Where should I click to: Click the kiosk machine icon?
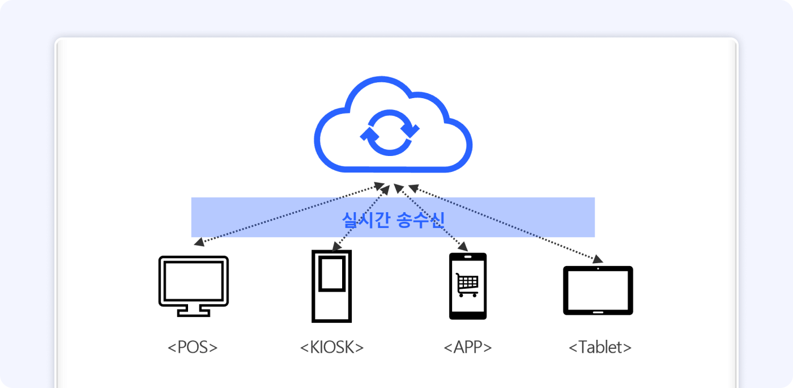pyautogui.click(x=332, y=286)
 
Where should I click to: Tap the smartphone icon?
pyautogui.click(x=468, y=286)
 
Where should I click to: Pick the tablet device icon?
pyautogui.click(x=598, y=290)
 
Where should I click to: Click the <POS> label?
pyautogui.click(x=193, y=347)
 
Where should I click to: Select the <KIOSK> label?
pyautogui.click(x=332, y=347)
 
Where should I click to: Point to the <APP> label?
pyautogui.click(x=468, y=347)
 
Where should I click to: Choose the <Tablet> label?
pyautogui.click(x=600, y=347)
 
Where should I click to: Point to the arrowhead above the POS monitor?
pyautogui.click(x=199, y=243)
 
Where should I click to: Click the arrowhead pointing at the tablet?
pyautogui.click(x=597, y=259)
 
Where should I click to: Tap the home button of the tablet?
pyautogui.click(x=598, y=311)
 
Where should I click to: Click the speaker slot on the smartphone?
pyautogui.click(x=468, y=257)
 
